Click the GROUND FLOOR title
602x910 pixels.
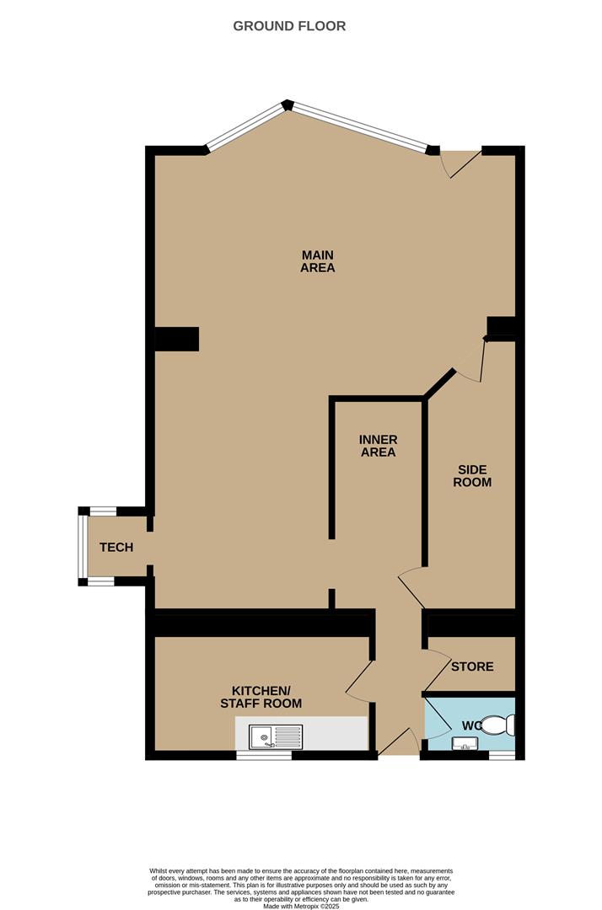[289, 26]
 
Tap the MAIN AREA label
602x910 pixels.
[318, 261]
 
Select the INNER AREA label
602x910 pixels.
[378, 446]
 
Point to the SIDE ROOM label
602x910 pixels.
[472, 476]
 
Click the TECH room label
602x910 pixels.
[116, 548]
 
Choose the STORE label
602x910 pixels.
[472, 666]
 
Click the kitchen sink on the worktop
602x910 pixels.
[275, 737]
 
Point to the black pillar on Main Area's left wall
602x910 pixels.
[176, 339]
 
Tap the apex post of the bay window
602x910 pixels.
[288, 104]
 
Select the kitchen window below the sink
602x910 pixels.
[263, 756]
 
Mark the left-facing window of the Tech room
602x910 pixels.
[83, 548]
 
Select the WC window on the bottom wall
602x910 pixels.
[502, 756]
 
